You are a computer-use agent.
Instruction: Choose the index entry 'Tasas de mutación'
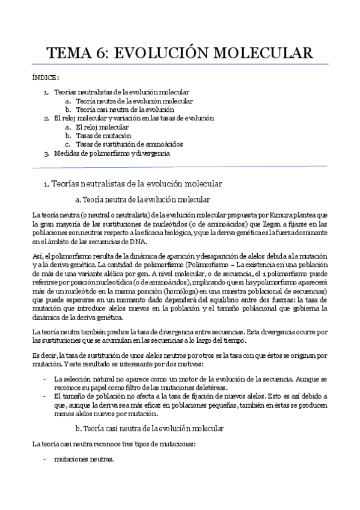click(103, 136)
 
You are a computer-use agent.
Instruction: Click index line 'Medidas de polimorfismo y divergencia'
click(112, 153)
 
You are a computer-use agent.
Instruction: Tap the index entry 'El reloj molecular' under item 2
click(102, 127)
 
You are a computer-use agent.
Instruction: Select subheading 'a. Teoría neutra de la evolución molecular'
click(142, 198)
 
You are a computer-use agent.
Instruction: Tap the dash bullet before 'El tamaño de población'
click(45, 397)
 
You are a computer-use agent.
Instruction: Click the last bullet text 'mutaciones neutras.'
click(84, 459)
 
